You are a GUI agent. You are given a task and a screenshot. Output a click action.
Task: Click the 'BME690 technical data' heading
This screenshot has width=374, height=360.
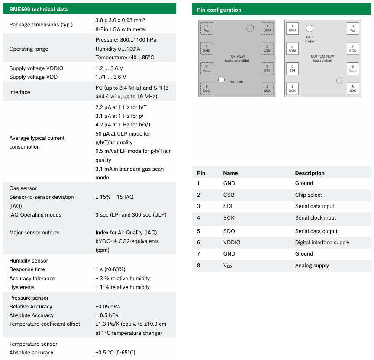pos(39,9)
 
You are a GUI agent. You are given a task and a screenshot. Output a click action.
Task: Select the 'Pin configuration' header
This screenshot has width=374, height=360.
pos(219,10)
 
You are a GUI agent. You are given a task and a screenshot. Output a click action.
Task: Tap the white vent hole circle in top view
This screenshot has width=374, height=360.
pos(222,80)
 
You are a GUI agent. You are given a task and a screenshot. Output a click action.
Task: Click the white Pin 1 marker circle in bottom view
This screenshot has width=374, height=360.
pos(310,29)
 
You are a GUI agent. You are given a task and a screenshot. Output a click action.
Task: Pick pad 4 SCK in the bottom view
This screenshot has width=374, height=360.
pos(292,89)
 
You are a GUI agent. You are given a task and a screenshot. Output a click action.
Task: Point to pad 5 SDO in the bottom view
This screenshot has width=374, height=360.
pos(353,89)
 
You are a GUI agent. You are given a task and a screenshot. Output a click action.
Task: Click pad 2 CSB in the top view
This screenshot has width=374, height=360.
pos(267,49)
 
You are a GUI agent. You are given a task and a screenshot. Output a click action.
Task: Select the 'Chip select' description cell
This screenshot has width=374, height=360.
pos(308,195)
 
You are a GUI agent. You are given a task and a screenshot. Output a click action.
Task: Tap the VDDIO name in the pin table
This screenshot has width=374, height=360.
pos(232,243)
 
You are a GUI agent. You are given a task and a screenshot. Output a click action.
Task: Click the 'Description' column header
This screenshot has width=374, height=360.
pos(310,173)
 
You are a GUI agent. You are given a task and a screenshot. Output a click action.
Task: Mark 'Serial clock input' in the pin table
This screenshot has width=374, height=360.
pos(316,218)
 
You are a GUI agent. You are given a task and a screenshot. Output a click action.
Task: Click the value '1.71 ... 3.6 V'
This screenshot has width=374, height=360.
pos(111,77)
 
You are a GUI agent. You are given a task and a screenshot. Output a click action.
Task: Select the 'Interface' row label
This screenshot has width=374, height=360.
pos(20,92)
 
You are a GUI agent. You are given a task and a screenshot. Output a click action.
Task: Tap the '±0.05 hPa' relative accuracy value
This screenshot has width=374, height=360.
pos(107,307)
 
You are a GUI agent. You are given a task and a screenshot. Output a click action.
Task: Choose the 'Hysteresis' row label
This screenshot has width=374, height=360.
pos(22,287)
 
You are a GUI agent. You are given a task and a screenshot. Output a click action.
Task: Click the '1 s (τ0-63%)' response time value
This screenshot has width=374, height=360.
pos(110,269)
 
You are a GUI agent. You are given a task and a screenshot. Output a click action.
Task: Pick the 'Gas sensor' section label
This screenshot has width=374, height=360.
pos(23,188)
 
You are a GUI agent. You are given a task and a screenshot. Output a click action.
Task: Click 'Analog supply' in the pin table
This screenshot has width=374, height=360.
pos(312,266)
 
